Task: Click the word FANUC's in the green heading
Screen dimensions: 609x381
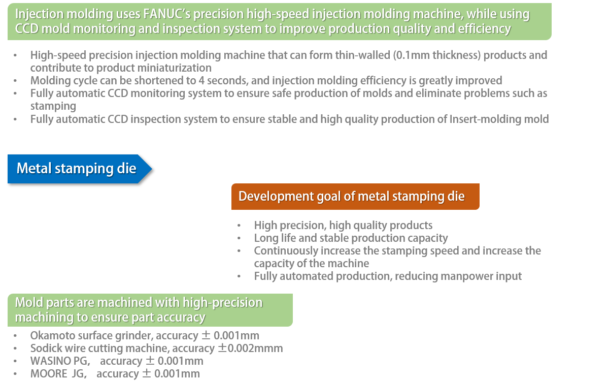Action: [x=167, y=14]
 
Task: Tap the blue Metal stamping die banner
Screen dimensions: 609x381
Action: [x=79, y=169]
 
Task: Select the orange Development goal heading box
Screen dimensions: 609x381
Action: [x=355, y=197]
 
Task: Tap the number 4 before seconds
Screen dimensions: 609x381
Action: [x=201, y=81]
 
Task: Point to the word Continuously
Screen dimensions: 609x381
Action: [x=286, y=251]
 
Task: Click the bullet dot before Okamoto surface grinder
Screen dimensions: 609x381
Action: [x=15, y=336]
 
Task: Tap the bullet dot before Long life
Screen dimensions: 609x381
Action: [x=239, y=238]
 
